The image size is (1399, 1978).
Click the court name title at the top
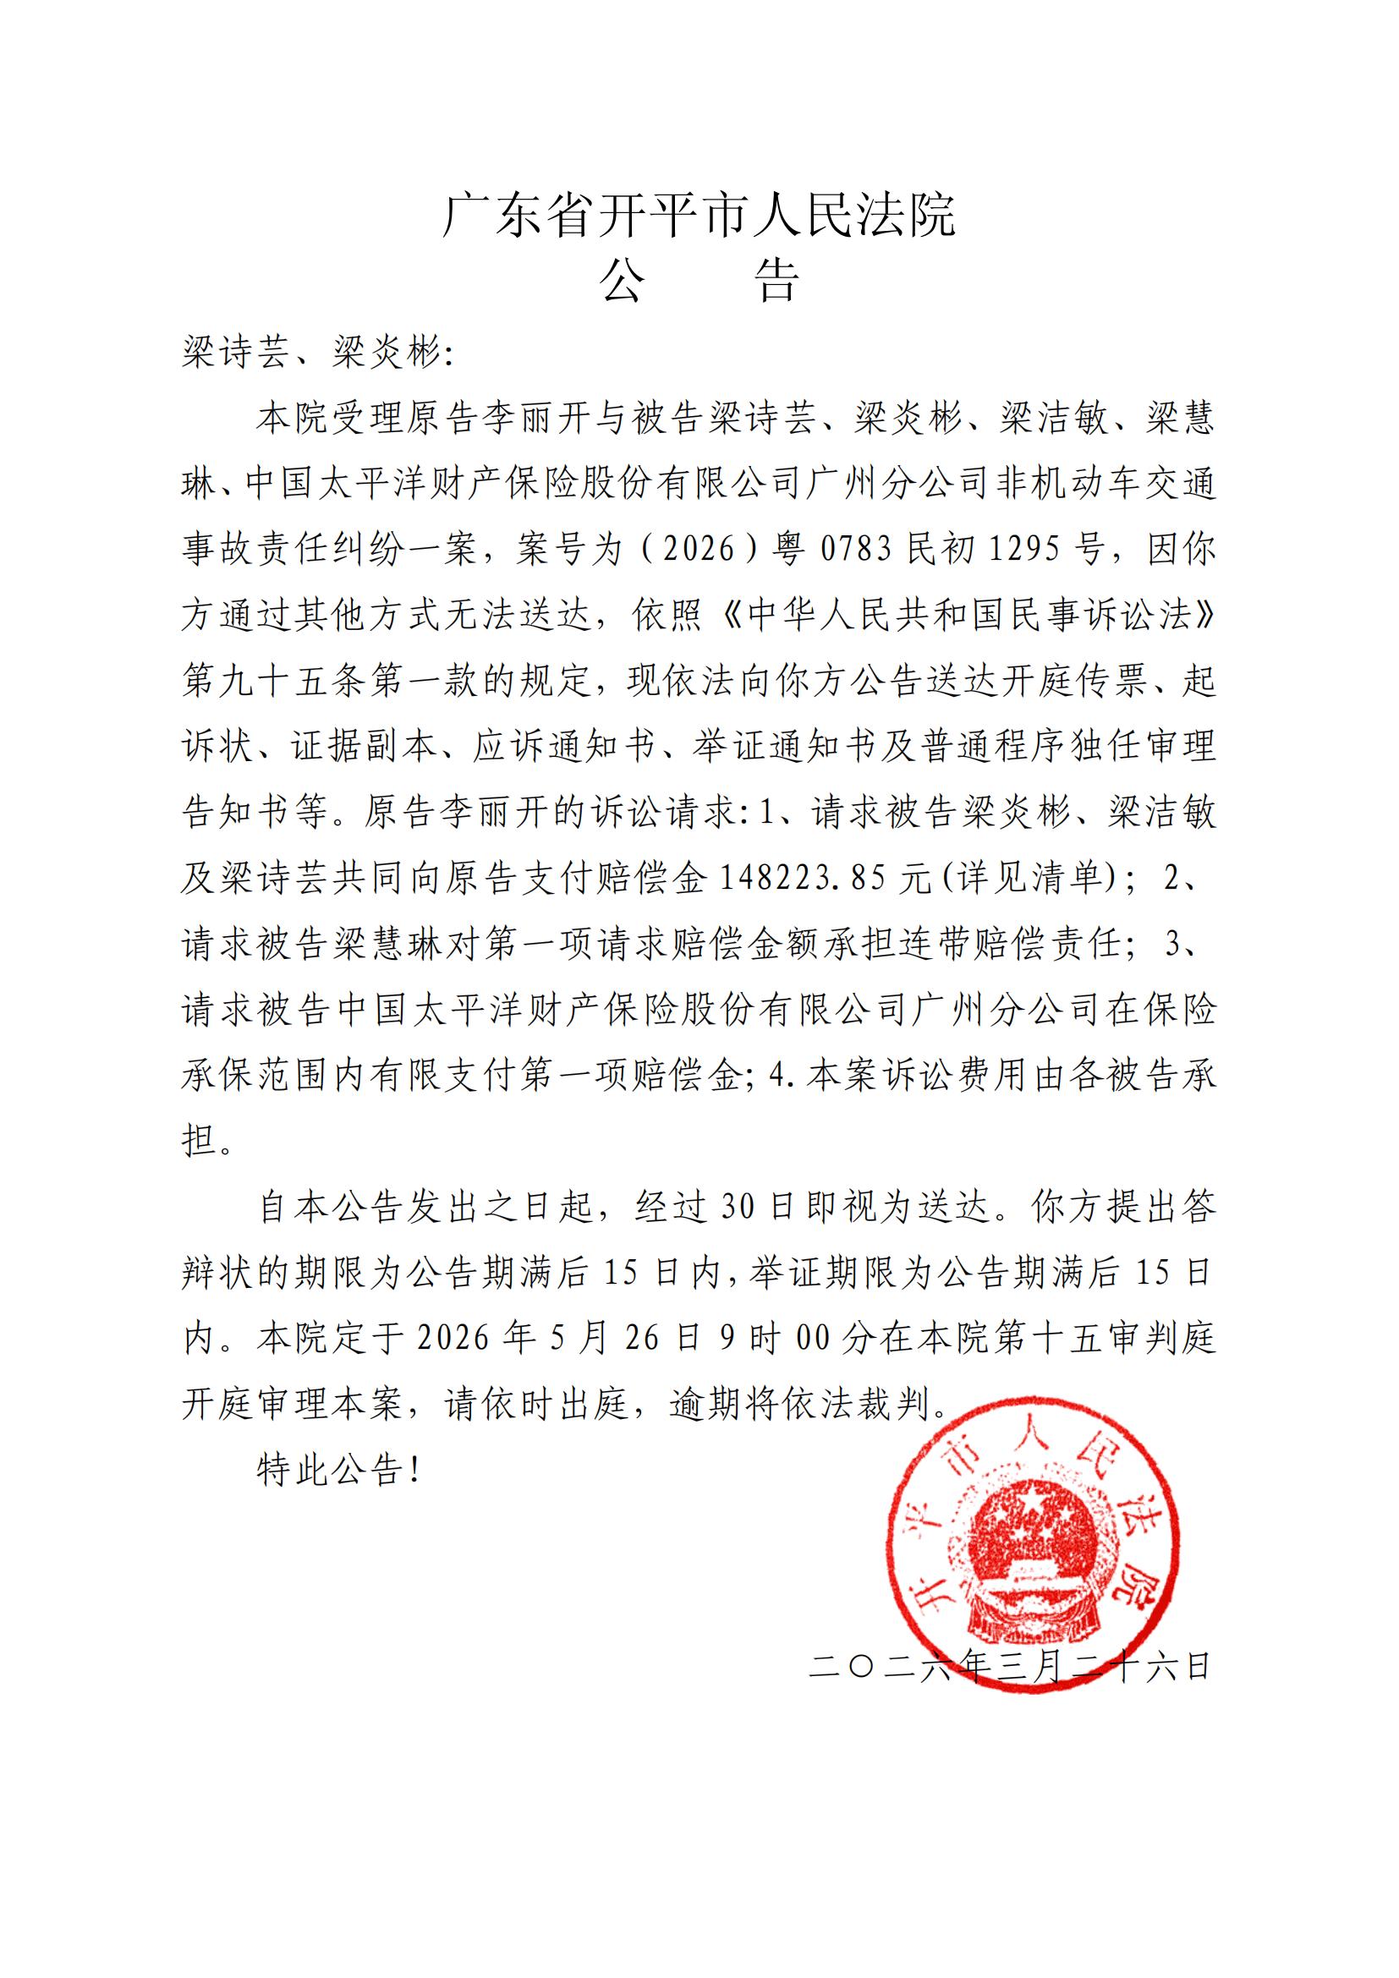click(x=699, y=215)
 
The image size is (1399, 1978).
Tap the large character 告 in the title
click(x=778, y=280)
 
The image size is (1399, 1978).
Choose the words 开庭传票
click(x=1073, y=681)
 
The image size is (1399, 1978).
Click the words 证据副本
click(x=365, y=746)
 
